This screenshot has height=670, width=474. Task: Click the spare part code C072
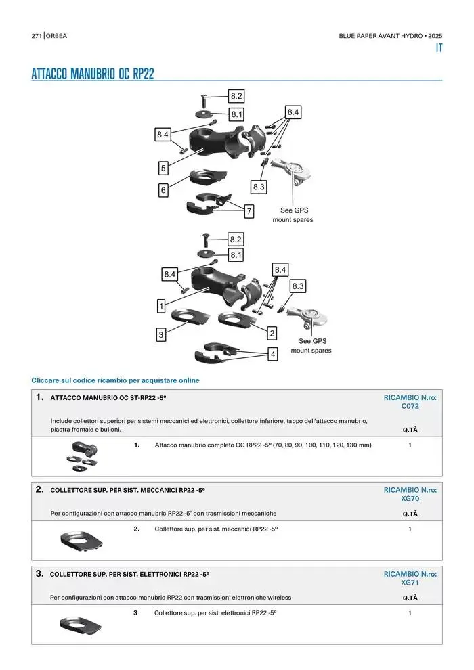point(410,407)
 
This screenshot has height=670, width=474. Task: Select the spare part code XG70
point(410,498)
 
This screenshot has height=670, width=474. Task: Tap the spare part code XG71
point(410,582)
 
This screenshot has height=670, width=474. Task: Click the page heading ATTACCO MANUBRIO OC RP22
point(93,74)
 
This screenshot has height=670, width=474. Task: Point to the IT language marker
point(439,49)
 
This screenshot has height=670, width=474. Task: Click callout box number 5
point(163,168)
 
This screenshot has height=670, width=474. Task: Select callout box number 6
point(163,191)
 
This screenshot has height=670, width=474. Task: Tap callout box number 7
point(249,212)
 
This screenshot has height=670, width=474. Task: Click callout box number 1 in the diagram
point(162,306)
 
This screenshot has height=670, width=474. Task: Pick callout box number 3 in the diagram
point(161,334)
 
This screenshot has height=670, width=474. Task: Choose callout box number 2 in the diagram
point(272,334)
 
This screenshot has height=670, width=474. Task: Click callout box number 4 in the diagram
point(272,354)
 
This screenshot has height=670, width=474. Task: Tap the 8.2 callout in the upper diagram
point(236,96)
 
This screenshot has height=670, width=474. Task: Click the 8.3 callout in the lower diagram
point(298,286)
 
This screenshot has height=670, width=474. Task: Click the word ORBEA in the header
point(57,35)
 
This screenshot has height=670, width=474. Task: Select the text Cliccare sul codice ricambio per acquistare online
point(116,380)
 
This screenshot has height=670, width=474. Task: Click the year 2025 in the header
point(435,35)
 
